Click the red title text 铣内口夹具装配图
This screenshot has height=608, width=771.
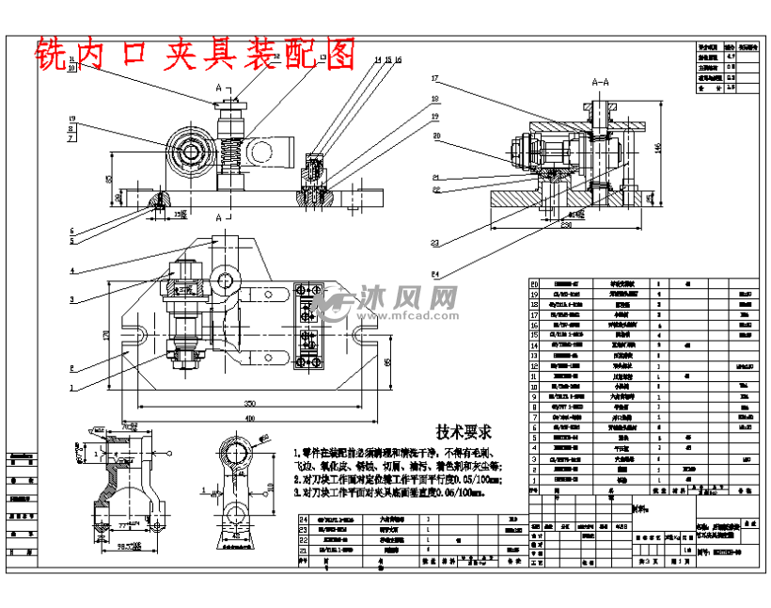195,55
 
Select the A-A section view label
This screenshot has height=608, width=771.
603,83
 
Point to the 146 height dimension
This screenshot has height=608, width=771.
658,147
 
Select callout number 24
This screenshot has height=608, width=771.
435,275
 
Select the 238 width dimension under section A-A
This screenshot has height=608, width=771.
566,225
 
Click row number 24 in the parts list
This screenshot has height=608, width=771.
303,519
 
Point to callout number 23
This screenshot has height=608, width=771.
435,243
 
